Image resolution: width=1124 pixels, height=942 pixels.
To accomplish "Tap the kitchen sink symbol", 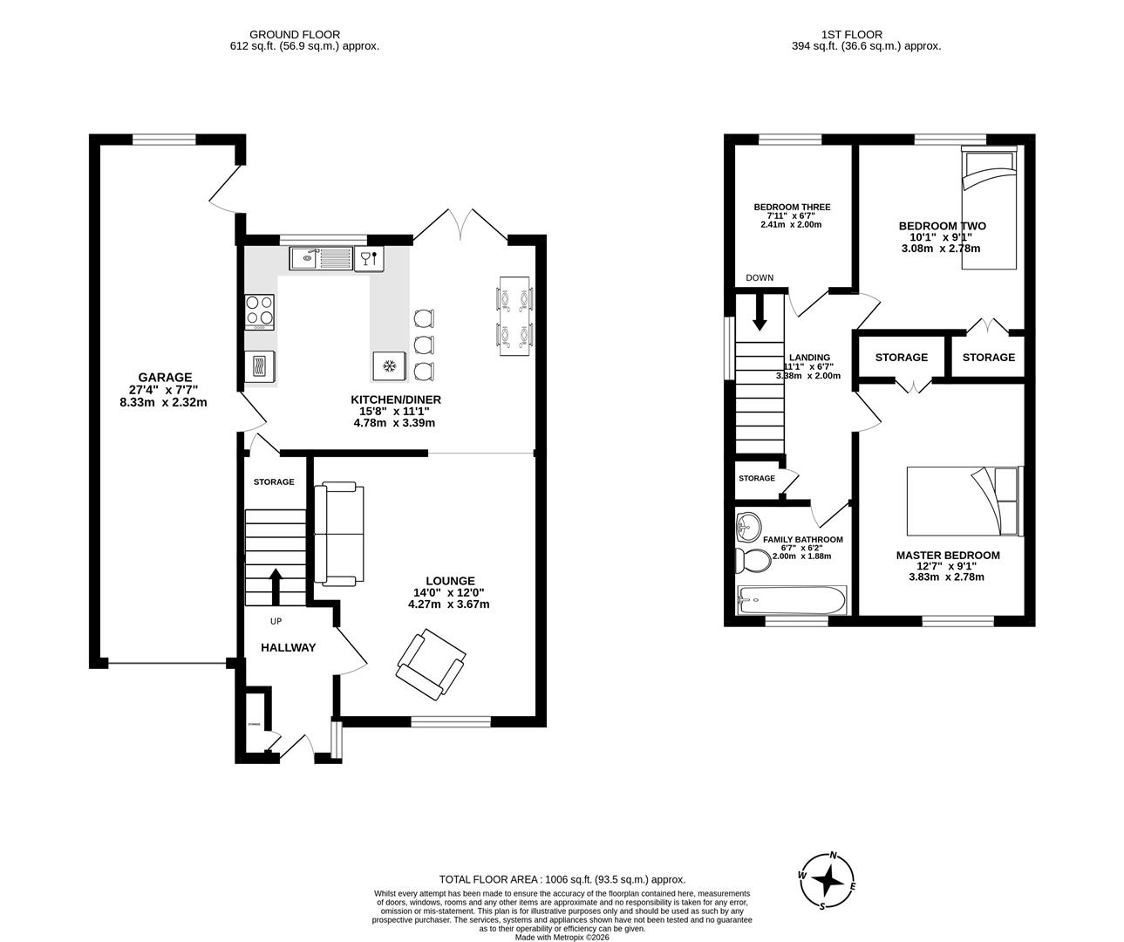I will tap(319, 257).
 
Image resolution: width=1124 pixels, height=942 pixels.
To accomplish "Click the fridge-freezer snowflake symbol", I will tap(389, 365).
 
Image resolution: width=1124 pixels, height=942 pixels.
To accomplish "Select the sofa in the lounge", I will tap(338, 533).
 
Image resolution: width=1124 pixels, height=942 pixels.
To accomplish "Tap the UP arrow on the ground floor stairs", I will tap(276, 587).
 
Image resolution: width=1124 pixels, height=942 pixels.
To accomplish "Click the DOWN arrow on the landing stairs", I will tap(760, 311).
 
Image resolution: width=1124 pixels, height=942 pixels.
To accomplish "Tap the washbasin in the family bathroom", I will tap(747, 526).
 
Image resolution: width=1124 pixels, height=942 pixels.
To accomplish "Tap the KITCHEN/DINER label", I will tap(397, 399).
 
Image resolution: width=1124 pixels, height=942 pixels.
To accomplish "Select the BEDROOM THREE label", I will tap(792, 208).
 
